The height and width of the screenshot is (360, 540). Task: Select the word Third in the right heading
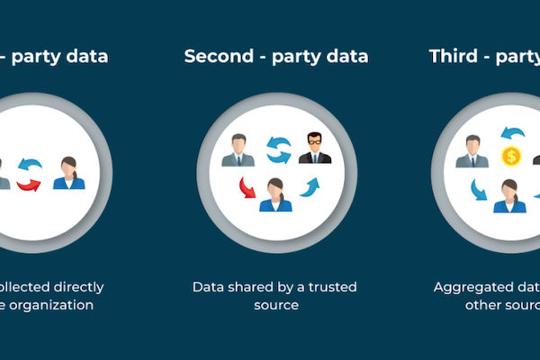453,56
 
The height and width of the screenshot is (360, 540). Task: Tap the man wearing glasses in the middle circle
314,148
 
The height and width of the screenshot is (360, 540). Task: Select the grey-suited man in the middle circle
238,150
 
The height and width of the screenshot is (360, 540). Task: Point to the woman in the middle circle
275,194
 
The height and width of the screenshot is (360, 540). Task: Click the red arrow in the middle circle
246,188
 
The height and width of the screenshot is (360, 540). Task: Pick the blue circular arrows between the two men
278,149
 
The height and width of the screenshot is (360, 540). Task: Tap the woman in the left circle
68,173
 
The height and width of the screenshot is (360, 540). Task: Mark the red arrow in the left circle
29,184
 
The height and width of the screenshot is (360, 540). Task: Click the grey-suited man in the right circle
472,151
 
